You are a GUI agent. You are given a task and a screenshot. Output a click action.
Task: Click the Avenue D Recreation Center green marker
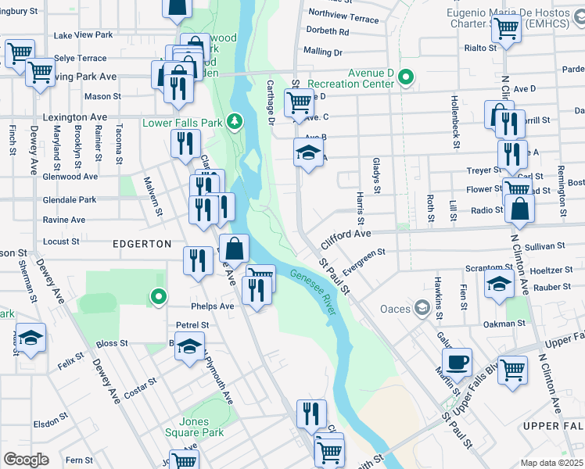coord(405,77)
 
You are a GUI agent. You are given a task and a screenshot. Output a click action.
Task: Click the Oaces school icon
coord(422,309)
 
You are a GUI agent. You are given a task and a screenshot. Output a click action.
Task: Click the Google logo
coord(26,459)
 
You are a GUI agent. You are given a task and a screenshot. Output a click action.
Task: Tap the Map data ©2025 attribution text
coord(551,463)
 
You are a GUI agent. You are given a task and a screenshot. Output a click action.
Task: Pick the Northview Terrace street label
coord(343,16)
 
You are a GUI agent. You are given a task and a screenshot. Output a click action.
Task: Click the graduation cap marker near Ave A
coord(309,153)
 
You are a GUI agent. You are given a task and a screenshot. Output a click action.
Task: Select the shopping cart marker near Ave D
coord(298,102)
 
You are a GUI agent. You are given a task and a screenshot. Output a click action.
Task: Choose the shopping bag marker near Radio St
coord(519,209)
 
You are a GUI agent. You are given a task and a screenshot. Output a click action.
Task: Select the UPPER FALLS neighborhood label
coord(552,425)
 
